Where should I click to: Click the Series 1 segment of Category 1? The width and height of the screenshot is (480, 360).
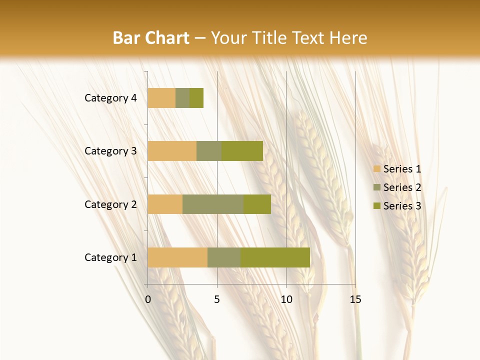(177, 257)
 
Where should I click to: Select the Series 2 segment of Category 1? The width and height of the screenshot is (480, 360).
(224, 257)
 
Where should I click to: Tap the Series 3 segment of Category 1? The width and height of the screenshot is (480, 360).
(275, 257)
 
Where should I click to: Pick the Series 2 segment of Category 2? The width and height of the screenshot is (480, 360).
(213, 204)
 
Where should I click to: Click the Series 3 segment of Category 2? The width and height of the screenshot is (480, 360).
(257, 204)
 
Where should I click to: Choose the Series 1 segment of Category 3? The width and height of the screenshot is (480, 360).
(172, 151)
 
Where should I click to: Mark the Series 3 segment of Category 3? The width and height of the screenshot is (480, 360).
(242, 151)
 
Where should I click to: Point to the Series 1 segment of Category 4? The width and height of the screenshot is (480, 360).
(161, 98)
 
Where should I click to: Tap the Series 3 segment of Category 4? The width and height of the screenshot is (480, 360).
(196, 98)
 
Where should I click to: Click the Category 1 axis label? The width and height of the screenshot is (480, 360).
(110, 257)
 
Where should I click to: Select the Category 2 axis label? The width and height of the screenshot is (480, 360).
(110, 204)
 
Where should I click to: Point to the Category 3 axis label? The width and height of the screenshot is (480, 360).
(110, 151)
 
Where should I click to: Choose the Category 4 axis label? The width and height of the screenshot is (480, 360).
(110, 98)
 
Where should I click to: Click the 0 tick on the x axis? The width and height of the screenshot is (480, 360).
(148, 300)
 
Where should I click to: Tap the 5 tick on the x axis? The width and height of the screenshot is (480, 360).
(217, 300)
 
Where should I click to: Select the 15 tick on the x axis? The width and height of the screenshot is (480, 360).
(355, 300)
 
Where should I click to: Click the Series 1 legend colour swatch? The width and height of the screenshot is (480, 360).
(376, 169)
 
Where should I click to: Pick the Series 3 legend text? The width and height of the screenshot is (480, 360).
(402, 206)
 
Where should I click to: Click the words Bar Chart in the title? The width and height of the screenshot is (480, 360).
(151, 38)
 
